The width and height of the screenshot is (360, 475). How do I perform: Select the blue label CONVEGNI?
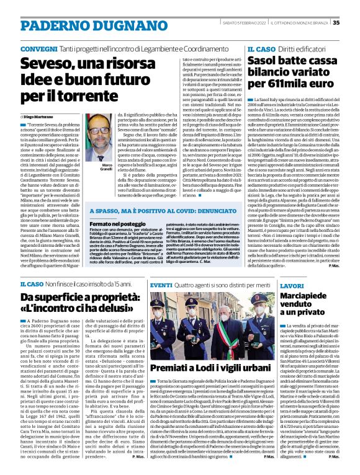[x=39, y=48]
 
